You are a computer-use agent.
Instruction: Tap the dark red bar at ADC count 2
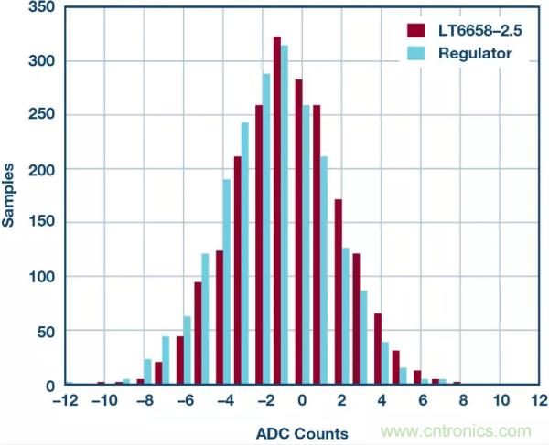[x=338, y=292]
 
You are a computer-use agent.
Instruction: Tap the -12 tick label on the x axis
[x=64, y=400]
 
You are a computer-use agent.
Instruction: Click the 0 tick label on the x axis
[x=301, y=400]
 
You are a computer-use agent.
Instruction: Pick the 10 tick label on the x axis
[x=500, y=400]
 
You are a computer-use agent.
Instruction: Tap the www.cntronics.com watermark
[x=458, y=430]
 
